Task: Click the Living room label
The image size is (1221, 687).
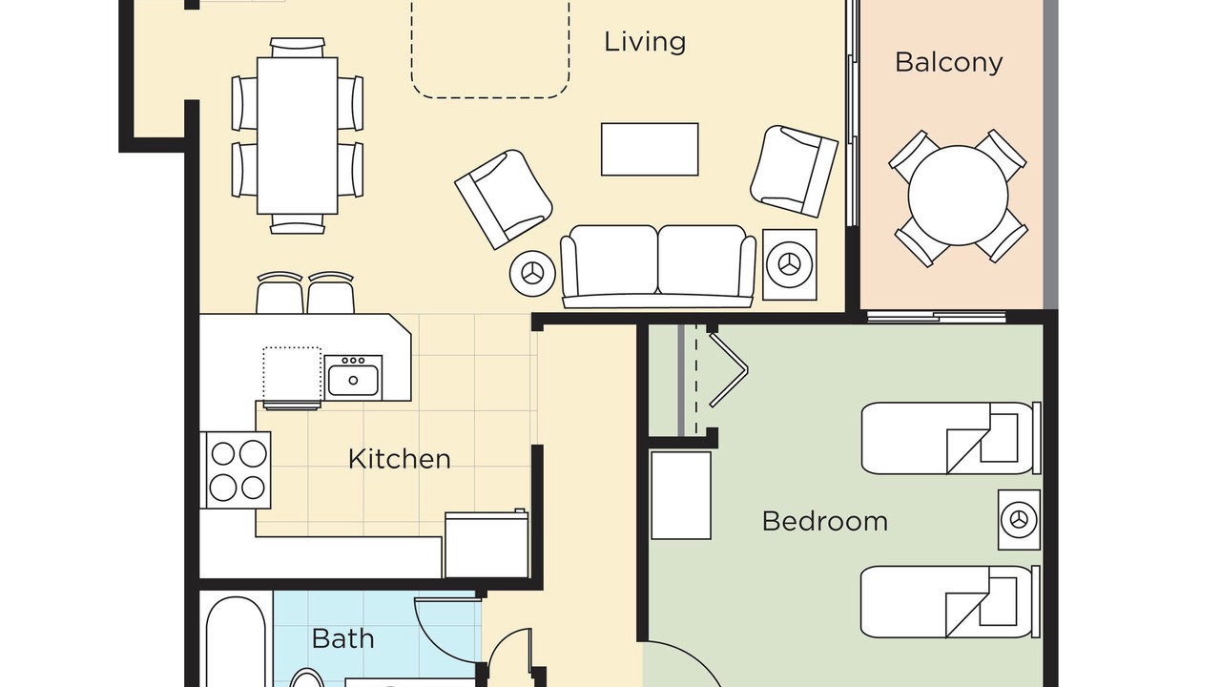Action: coord(645,42)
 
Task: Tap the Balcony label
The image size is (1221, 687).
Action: coord(948,62)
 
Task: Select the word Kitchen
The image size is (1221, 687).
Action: coord(399,459)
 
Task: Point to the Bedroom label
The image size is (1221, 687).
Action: coord(825,521)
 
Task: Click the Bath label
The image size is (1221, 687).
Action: coord(342,638)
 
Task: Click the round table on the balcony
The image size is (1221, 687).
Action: coord(958,196)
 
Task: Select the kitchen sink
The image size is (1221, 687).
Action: coord(353,377)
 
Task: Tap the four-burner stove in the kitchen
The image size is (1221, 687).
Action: coord(236,470)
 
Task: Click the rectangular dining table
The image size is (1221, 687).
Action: coord(297,135)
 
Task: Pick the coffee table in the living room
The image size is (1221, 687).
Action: coord(650,150)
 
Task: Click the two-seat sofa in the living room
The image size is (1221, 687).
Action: coord(658,266)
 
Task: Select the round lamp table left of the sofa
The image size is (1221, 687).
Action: coord(532,274)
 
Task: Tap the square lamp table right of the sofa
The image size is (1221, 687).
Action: coord(789,264)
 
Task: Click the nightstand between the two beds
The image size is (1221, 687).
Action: coord(1019,520)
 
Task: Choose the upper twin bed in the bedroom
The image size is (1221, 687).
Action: coord(951,438)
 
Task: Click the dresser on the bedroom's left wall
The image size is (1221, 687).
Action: coord(681,495)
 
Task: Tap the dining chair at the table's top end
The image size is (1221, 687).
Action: coord(297,48)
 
